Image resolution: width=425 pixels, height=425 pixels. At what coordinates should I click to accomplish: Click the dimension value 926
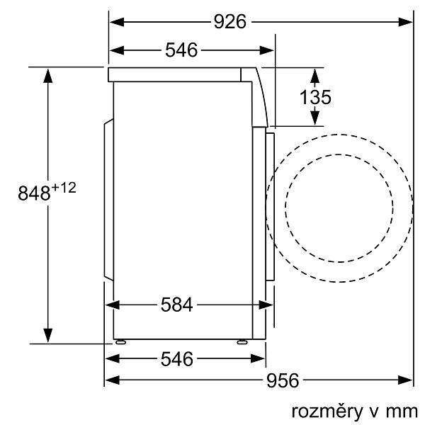coord(229,22)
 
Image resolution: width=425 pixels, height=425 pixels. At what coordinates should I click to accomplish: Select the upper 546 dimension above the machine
coord(181,50)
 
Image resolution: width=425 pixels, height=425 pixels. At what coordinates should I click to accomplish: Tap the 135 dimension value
coord(315,97)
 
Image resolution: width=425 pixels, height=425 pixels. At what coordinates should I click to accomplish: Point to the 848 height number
coord(34,193)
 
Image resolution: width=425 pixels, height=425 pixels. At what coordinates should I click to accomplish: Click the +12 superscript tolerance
coord(64,188)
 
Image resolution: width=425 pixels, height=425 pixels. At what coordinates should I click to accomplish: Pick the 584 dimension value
coord(176,305)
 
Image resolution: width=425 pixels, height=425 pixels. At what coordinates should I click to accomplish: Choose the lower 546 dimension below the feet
coord(177,359)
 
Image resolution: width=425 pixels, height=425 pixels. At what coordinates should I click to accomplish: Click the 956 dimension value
coord(283,380)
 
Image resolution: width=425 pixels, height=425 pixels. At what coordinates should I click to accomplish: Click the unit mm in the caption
coord(402,412)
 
